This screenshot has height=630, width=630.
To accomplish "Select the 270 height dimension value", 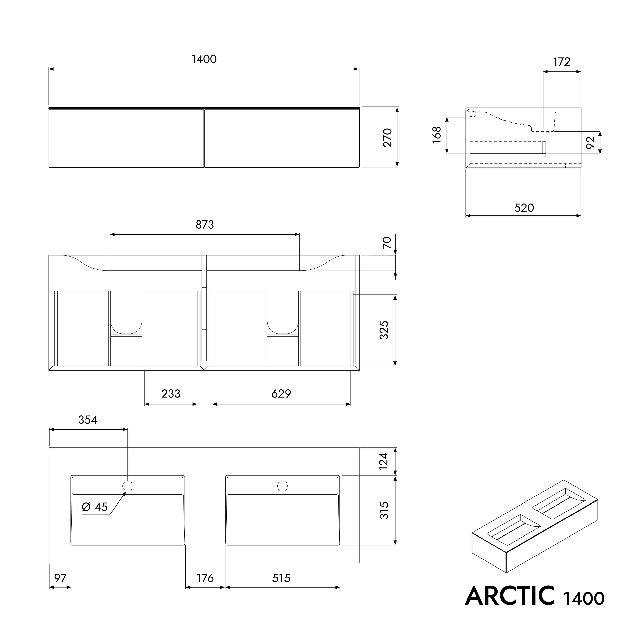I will pyautogui.click(x=387, y=138).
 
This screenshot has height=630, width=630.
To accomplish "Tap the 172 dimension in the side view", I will pyautogui.click(x=561, y=62).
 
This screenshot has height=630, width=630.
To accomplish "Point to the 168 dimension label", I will pyautogui.click(x=437, y=135).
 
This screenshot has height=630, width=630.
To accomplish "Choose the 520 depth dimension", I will pyautogui.click(x=524, y=208).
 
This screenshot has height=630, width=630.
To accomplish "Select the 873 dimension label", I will pyautogui.click(x=205, y=225).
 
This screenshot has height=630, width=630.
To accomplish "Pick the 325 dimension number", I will pyautogui.click(x=384, y=330).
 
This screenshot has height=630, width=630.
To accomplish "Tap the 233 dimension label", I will pyautogui.click(x=171, y=394).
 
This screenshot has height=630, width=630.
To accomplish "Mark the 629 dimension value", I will pyautogui.click(x=281, y=394).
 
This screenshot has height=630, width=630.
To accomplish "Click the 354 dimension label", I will pyautogui.click(x=88, y=420).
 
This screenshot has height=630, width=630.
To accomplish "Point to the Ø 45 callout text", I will pyautogui.click(x=95, y=507).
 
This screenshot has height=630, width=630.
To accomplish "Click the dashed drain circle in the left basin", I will pyautogui.click(x=128, y=486).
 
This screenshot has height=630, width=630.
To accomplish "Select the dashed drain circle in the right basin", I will pyautogui.click(x=282, y=486).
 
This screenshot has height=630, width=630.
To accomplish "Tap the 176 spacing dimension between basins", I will pyautogui.click(x=205, y=578).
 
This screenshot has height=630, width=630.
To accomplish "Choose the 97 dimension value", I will pyautogui.click(x=60, y=578).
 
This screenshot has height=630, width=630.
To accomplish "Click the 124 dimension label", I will pyautogui.click(x=384, y=461).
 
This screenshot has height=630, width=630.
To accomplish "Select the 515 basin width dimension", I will pyautogui.click(x=281, y=578).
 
